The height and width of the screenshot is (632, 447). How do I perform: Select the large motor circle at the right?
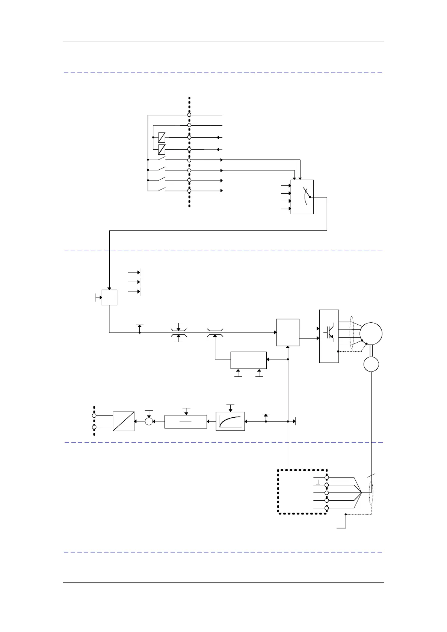(x=371, y=333)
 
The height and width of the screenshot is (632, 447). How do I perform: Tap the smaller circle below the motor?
(x=371, y=364)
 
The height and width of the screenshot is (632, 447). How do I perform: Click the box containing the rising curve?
(x=230, y=421)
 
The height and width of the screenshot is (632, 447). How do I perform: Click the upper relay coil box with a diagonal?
(x=162, y=137)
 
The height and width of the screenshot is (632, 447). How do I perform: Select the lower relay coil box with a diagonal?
(x=162, y=149)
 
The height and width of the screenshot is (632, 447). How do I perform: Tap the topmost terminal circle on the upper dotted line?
(x=189, y=115)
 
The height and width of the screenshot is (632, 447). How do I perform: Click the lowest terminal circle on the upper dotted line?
(x=189, y=191)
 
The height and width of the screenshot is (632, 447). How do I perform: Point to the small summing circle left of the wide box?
(x=149, y=421)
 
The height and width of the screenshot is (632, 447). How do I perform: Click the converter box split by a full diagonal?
(x=124, y=421)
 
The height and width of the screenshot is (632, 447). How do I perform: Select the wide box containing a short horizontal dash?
(x=186, y=421)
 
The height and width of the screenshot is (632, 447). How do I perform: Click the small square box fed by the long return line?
(x=109, y=297)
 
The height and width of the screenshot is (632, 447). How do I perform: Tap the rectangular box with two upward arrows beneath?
(x=248, y=360)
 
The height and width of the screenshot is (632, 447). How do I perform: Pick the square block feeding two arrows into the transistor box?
(x=288, y=333)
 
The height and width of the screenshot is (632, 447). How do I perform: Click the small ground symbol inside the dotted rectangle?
(x=318, y=482)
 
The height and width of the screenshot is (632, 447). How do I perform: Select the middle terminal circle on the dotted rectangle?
(x=326, y=493)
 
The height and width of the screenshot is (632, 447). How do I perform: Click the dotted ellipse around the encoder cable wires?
(x=371, y=492)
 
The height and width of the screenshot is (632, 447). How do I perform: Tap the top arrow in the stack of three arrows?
(x=134, y=272)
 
